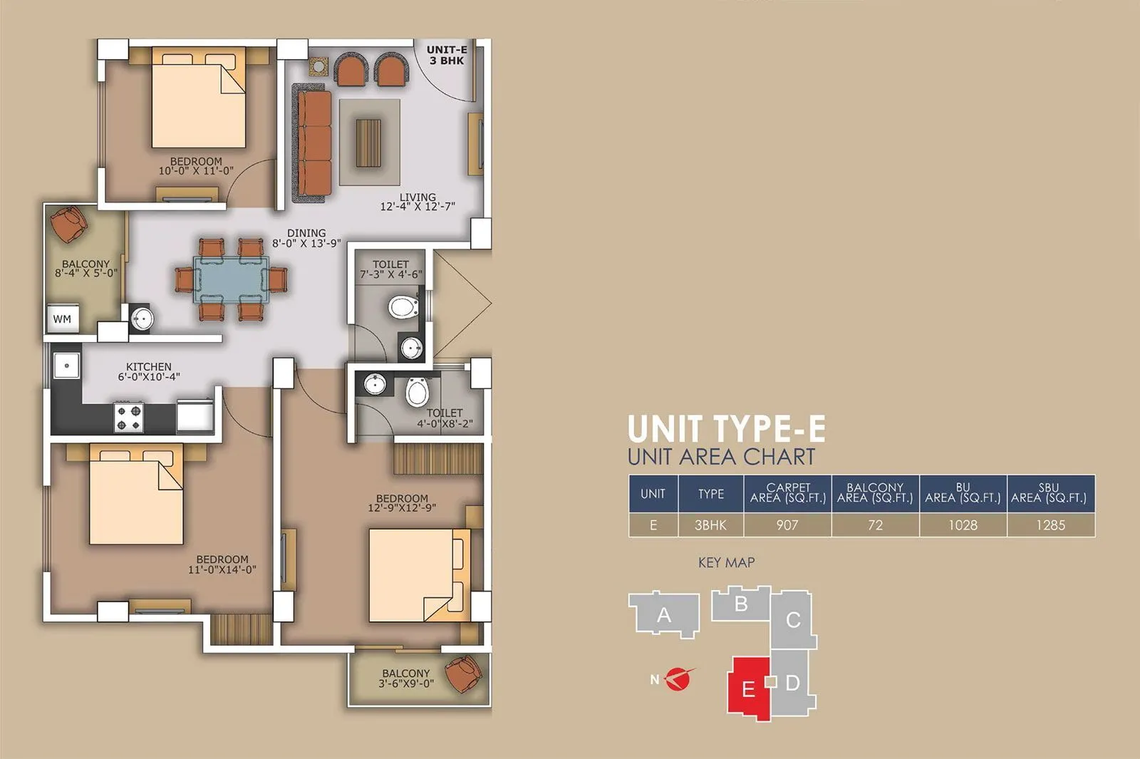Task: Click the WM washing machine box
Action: tap(63, 319)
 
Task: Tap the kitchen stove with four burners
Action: tap(129, 417)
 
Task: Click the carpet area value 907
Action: tap(787, 525)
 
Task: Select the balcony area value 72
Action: tap(875, 525)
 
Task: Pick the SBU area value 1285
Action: tap(1050, 525)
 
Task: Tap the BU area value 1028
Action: tap(963, 525)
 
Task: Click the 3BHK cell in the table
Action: tap(710, 525)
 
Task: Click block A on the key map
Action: tap(664, 614)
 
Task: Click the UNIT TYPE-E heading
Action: tap(726, 429)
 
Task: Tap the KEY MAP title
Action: tap(726, 562)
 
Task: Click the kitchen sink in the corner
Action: tap(66, 366)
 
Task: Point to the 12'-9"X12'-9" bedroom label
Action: tap(402, 503)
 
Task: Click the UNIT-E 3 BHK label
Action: tap(447, 55)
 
